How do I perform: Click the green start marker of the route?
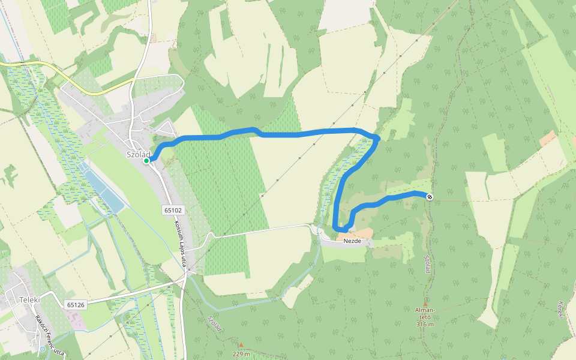tap(146, 160)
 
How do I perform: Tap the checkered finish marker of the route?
tap(430, 197)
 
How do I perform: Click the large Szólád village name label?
tap(138, 154)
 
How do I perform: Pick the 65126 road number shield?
tap(76, 305)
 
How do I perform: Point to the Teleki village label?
tap(29, 300)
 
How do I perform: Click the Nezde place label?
tap(352, 241)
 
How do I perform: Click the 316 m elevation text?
tap(425, 324)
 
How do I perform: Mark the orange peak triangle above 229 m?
tap(241, 345)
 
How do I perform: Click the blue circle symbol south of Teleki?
tap(42, 349)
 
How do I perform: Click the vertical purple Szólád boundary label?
tap(428, 264)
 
